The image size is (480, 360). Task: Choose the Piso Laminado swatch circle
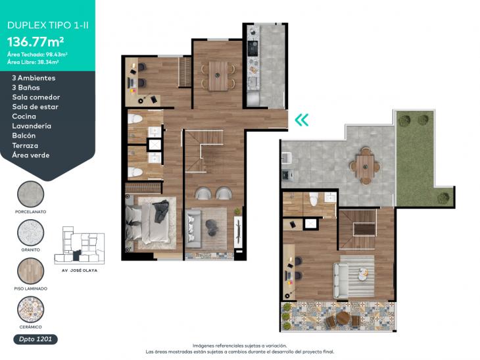[30, 270]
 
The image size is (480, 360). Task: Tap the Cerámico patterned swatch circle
[30, 309]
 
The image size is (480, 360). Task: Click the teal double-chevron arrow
[302, 120]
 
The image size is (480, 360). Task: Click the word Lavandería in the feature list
[32, 126]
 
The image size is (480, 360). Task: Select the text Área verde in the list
[30, 155]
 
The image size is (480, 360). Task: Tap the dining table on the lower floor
[218, 75]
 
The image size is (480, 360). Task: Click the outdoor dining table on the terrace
[364, 165]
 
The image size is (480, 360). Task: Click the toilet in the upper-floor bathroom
[314, 200]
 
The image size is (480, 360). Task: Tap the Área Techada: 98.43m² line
[37, 54]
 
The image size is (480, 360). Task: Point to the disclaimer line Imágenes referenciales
[239, 345]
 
